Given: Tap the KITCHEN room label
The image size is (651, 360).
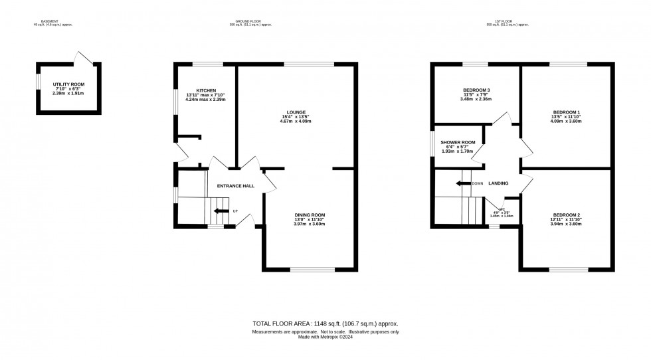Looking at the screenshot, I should [x=206, y=90].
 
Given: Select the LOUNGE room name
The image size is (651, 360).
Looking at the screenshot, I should [x=296, y=112].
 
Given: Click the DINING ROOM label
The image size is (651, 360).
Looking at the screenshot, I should [x=310, y=215].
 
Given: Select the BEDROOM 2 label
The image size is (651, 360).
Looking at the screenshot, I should [x=566, y=215].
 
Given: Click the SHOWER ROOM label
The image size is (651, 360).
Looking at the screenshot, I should [x=458, y=142].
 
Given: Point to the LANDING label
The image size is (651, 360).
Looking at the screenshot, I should [x=498, y=183].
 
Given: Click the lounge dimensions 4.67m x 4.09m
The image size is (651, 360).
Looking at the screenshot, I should [x=296, y=122].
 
